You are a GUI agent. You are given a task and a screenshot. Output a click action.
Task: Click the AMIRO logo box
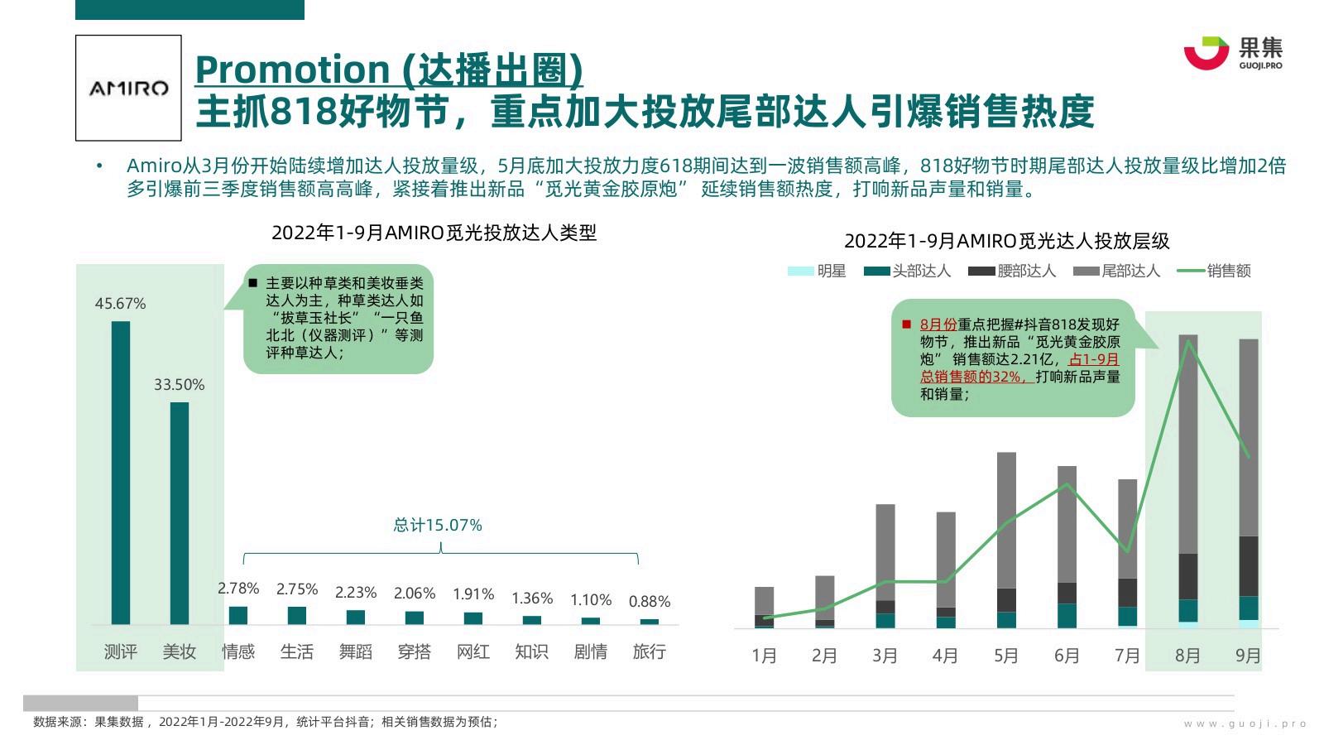[x=128, y=88]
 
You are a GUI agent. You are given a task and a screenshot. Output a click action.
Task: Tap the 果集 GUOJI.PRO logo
[x=1232, y=53]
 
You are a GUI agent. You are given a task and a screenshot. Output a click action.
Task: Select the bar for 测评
[x=121, y=473]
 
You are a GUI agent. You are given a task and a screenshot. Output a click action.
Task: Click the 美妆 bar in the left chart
[x=180, y=513]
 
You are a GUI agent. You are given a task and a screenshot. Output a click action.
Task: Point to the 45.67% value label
[x=120, y=304]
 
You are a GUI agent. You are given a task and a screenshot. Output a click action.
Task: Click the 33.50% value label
[x=179, y=385]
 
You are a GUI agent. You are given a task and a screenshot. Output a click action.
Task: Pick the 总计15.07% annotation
[x=437, y=525]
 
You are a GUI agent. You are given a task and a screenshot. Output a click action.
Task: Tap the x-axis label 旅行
[x=649, y=652]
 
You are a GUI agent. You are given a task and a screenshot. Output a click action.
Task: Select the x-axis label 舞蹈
[x=355, y=652]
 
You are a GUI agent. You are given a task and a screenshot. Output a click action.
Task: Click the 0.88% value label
[x=649, y=602]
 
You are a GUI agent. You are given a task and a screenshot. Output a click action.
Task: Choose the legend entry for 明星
[x=817, y=272]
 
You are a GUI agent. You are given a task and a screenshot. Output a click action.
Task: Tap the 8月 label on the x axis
[x=1187, y=656]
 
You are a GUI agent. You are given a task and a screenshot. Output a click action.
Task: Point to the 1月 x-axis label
[x=764, y=656]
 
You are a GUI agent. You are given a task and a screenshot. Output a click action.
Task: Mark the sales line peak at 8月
[x=1189, y=341]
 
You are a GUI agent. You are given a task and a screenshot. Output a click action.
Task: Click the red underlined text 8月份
[x=938, y=324]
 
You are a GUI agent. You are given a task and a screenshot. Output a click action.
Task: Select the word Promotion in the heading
[x=293, y=70]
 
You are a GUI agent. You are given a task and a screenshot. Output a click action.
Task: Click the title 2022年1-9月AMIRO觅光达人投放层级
[x=1006, y=241]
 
